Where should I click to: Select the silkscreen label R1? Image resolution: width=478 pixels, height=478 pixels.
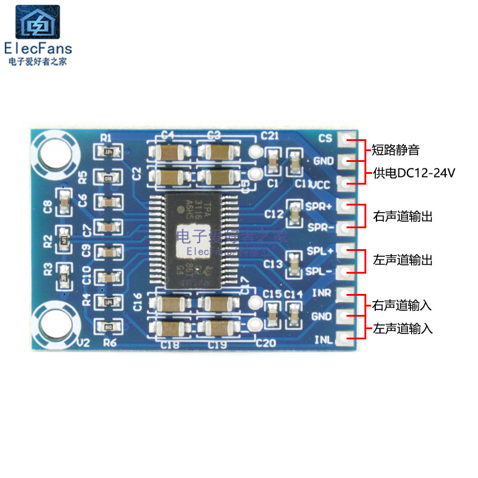click(x=106, y=139)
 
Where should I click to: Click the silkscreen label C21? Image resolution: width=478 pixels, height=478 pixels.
click(x=269, y=136)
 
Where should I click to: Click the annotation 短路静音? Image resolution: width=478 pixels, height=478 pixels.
click(x=396, y=149)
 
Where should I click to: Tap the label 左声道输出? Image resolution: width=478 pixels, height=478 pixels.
click(x=402, y=261)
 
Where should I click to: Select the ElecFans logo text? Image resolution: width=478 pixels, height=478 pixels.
click(x=38, y=48)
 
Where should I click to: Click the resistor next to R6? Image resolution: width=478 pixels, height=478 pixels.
click(x=108, y=327)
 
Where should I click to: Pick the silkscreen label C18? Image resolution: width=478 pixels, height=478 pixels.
click(x=170, y=344)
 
